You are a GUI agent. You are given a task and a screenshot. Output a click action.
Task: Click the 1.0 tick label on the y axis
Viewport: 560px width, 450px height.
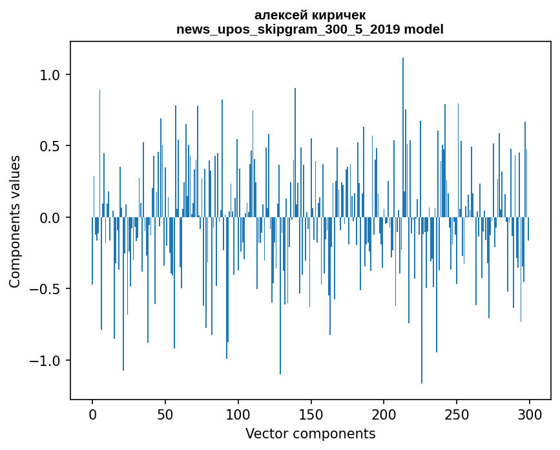(x=50, y=75)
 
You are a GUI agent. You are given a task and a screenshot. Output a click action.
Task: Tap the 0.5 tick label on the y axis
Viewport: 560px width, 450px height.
(x=50, y=146)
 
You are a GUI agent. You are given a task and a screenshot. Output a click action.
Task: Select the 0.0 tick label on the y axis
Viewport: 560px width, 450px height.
(x=50, y=218)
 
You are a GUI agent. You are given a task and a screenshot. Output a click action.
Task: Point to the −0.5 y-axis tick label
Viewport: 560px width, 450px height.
(x=46, y=289)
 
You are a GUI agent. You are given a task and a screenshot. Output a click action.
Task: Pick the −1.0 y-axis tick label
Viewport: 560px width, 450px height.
(x=46, y=361)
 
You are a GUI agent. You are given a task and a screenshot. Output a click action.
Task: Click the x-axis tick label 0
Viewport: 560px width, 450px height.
(x=92, y=414)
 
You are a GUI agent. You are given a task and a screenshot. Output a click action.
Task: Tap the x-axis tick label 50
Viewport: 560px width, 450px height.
(x=165, y=414)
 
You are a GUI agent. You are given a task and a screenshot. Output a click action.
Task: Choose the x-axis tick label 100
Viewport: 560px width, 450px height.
(x=238, y=414)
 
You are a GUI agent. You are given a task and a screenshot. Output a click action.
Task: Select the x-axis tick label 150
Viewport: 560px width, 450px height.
(x=311, y=414)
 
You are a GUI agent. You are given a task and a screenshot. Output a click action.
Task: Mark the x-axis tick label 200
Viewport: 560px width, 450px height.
(x=384, y=414)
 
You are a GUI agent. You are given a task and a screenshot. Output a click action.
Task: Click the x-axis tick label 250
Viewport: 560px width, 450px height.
(x=457, y=414)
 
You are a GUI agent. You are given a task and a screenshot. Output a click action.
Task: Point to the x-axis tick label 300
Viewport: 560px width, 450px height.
(x=530, y=414)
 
